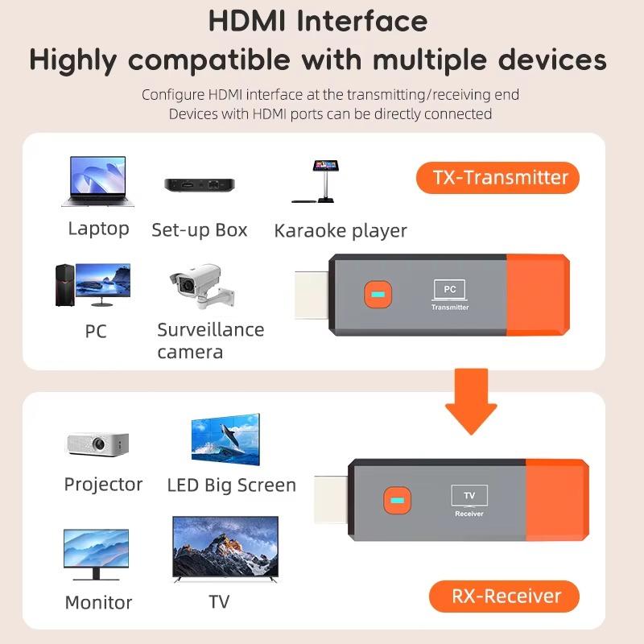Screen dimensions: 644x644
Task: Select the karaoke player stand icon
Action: click(323, 182)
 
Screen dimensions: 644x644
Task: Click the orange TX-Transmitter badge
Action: click(497, 177)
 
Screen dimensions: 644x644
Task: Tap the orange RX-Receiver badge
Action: click(505, 597)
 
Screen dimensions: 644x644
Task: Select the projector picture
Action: click(97, 444)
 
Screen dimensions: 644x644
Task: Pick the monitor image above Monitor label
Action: click(96, 554)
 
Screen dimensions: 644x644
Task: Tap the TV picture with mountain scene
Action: click(225, 551)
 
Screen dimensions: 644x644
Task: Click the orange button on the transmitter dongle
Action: click(376, 294)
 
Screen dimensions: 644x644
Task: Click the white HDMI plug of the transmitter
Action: click(311, 295)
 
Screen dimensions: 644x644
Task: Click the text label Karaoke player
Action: click(341, 231)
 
